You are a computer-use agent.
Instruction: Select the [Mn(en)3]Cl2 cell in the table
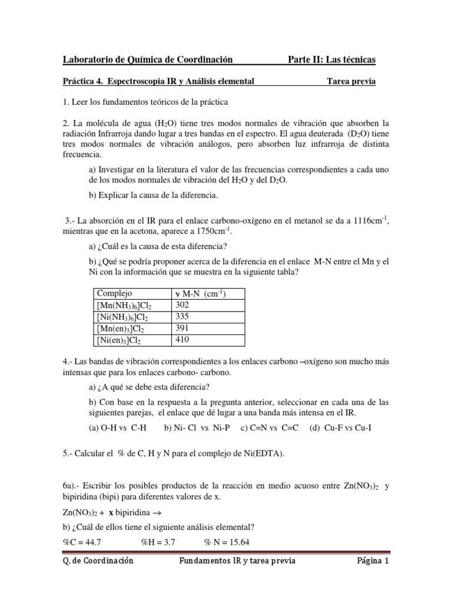click(119, 329)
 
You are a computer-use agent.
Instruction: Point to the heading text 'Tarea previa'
click(351, 81)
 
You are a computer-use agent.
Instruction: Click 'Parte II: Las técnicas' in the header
click(331, 59)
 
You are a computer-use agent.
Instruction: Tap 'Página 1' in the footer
click(373, 561)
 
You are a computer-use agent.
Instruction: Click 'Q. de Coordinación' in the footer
click(98, 561)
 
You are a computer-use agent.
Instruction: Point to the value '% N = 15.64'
click(227, 541)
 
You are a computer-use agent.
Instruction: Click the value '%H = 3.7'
click(158, 541)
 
